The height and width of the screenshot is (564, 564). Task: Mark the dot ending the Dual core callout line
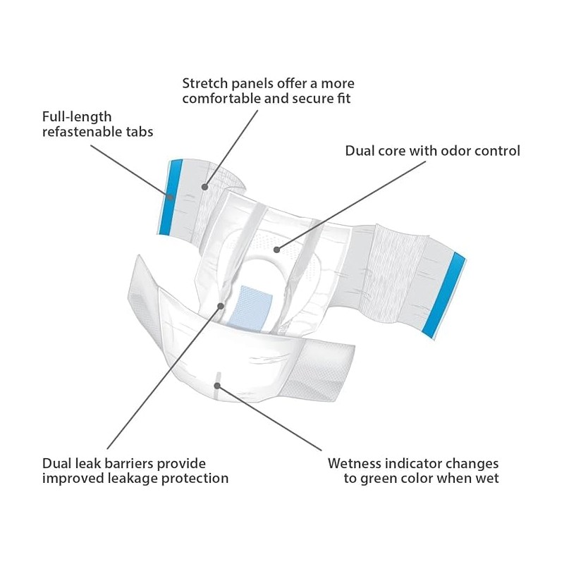tap(277, 248)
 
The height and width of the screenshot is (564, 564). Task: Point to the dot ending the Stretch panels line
tap(205, 186)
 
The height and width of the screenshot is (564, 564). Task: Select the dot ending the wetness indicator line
tap(218, 385)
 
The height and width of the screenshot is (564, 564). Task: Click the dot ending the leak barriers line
tap(221, 306)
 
